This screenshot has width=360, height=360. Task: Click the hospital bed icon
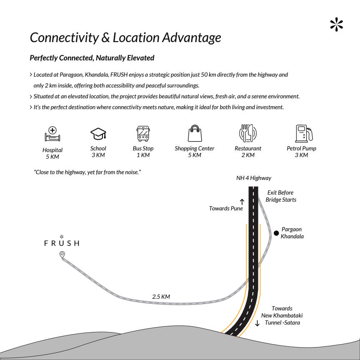click(52, 134)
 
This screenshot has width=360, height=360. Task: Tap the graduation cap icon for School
click(98, 134)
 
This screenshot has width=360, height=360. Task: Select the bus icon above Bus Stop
click(143, 134)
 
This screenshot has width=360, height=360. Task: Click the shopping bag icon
click(195, 133)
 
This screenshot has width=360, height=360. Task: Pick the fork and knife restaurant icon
click(248, 133)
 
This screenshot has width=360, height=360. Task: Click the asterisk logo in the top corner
click(337, 24)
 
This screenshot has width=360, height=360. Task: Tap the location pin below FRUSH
click(62, 255)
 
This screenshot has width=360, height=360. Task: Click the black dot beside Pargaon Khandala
click(276, 233)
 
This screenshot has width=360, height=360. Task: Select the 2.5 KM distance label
click(161, 297)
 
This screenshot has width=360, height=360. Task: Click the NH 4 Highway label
click(254, 178)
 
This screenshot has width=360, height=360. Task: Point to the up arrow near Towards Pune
click(242, 202)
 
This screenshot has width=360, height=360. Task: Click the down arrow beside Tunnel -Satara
click(257, 323)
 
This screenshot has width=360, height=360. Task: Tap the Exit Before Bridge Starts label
click(281, 196)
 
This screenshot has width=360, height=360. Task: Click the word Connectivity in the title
click(64, 37)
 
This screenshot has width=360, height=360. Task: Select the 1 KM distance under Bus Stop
click(143, 155)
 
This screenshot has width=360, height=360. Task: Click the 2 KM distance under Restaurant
click(248, 155)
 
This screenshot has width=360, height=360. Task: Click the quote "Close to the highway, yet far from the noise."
click(87, 172)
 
